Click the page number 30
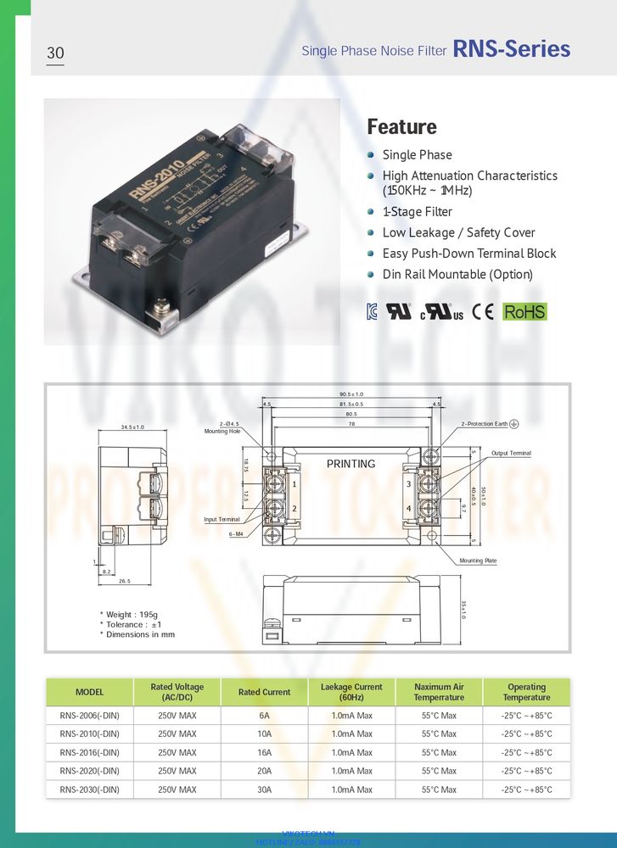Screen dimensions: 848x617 [55, 53]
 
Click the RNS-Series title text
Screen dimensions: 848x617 [511, 49]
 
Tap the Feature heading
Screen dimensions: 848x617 [401, 127]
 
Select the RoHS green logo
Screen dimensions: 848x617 [524, 311]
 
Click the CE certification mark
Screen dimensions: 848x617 [482, 311]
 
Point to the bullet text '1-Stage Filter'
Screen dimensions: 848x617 [417, 212]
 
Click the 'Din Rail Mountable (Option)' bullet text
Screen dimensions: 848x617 [457, 274]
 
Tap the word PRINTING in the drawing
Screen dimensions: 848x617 [351, 464]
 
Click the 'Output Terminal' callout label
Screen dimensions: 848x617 [511, 454]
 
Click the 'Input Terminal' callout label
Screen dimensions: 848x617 [222, 519]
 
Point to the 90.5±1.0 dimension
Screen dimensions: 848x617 [351, 394]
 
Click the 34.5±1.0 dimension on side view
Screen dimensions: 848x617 [132, 427]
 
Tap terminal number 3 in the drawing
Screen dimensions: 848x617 [408, 484]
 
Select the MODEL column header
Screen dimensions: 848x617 [89, 692]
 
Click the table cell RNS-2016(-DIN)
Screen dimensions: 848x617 [89, 753]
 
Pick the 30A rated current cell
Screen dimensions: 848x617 [264, 790]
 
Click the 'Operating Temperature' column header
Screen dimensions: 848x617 [526, 692]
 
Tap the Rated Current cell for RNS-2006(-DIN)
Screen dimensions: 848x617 [264, 716]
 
